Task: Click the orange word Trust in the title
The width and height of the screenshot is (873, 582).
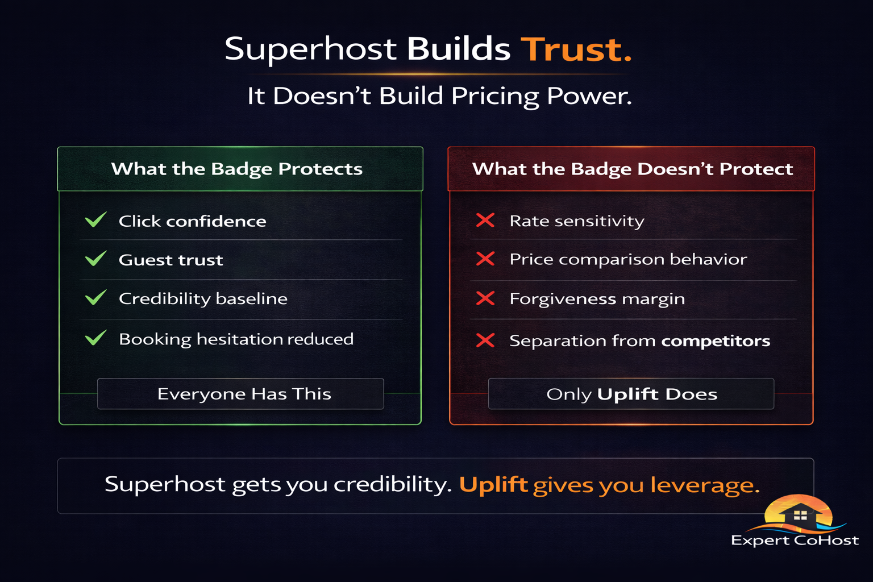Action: pyautogui.click(x=576, y=49)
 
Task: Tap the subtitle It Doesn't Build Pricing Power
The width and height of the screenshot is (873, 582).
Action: pyautogui.click(x=439, y=96)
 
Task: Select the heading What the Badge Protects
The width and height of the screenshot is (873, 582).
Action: pyautogui.click(x=237, y=169)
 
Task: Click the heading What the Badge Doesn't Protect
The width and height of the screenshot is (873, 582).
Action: pyautogui.click(x=632, y=169)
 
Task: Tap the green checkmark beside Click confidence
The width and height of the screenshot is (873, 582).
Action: pyautogui.click(x=95, y=220)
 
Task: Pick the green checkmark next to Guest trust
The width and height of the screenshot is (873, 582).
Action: pyautogui.click(x=95, y=259)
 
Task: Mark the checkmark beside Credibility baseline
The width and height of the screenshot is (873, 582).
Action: pyautogui.click(x=95, y=297)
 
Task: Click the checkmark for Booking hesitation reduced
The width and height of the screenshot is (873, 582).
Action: pyautogui.click(x=95, y=338)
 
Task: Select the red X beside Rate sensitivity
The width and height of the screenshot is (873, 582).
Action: pyautogui.click(x=485, y=220)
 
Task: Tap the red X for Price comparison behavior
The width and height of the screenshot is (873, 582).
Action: pyautogui.click(x=485, y=259)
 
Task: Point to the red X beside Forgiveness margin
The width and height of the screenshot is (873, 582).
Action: pyautogui.click(x=485, y=298)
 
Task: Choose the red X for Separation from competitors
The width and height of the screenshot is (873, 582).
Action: pyautogui.click(x=485, y=340)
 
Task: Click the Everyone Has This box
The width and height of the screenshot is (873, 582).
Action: pyautogui.click(x=240, y=393)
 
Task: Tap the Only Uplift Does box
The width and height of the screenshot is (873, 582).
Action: pyautogui.click(x=631, y=393)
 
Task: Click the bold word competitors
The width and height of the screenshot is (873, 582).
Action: pyautogui.click(x=716, y=341)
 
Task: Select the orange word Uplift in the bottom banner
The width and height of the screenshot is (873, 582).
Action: pyautogui.click(x=493, y=485)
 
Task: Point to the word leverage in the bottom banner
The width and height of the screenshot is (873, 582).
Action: pyautogui.click(x=704, y=485)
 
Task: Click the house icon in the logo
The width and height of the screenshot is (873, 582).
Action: pyautogui.click(x=800, y=514)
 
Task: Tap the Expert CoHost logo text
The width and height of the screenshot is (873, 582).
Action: pyautogui.click(x=795, y=540)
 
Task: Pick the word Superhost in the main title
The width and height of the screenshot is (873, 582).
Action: pyautogui.click(x=310, y=49)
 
